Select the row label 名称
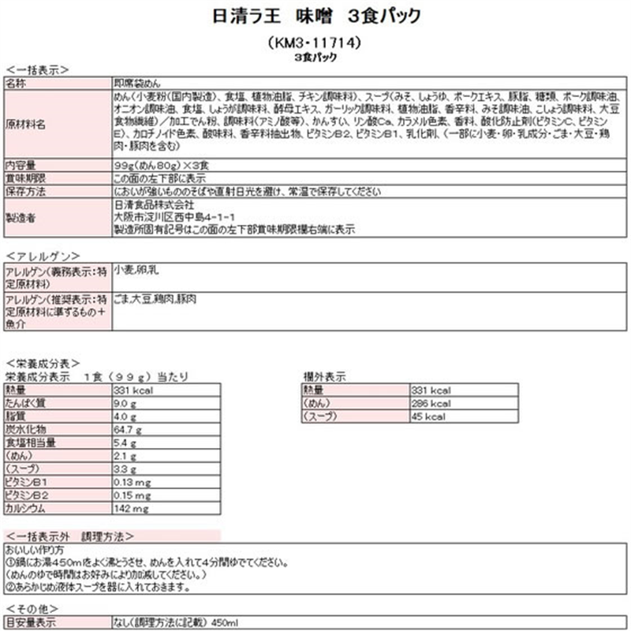(x=17, y=82)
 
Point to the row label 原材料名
(x=26, y=125)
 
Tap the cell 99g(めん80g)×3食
(x=160, y=166)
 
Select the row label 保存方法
(x=26, y=192)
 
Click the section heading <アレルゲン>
(x=43, y=256)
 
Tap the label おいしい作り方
(x=35, y=549)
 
